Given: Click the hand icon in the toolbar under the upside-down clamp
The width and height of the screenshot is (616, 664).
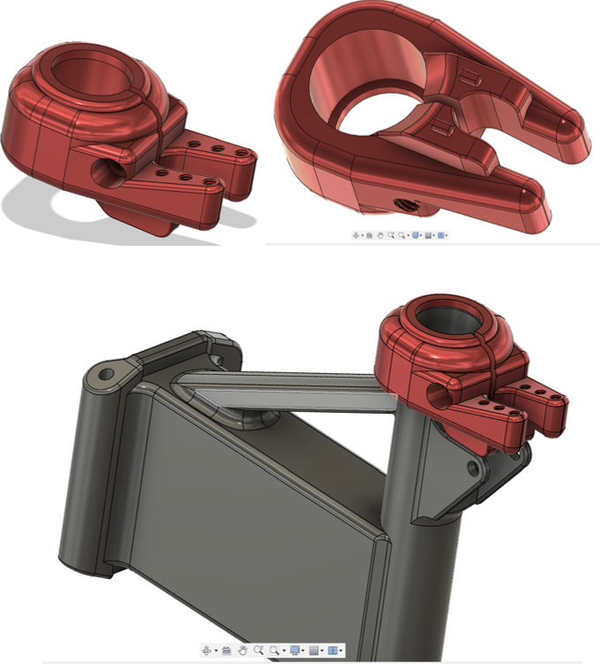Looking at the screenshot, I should tap(380, 235).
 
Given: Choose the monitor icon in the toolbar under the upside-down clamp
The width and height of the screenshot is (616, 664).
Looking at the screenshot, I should tap(414, 235).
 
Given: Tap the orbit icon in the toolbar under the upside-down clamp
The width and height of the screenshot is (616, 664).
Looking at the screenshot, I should tap(356, 235).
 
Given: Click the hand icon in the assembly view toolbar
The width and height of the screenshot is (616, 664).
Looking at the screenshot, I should tap(242, 651).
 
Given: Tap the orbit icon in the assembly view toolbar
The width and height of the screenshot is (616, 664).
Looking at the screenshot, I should tap(206, 651).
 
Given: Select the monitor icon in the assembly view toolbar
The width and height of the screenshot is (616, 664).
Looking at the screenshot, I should tap(294, 651).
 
